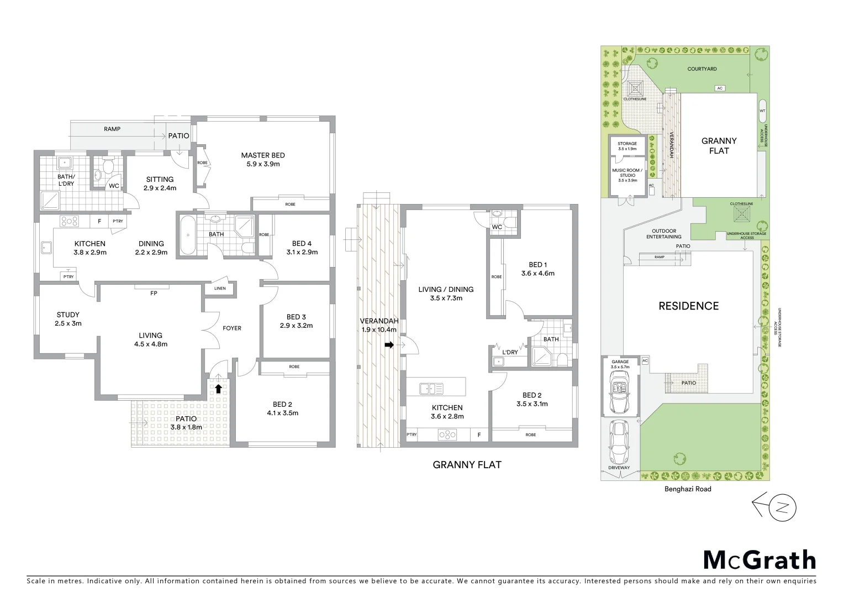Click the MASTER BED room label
(263, 155)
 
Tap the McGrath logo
(759, 560)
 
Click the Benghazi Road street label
(688, 489)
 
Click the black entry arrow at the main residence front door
(218, 389)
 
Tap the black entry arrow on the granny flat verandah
(389, 345)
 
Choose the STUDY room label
(68, 315)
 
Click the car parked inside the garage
(620, 392)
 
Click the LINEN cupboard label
(219, 289)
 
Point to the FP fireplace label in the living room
(154, 293)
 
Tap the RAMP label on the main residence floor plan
(112, 129)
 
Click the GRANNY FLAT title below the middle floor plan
(467, 464)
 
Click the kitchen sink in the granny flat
(431, 389)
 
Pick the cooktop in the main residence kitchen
(70, 221)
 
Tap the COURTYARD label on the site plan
(702, 69)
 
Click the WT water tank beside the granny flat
(762, 111)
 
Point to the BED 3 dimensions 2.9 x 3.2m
(296, 326)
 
